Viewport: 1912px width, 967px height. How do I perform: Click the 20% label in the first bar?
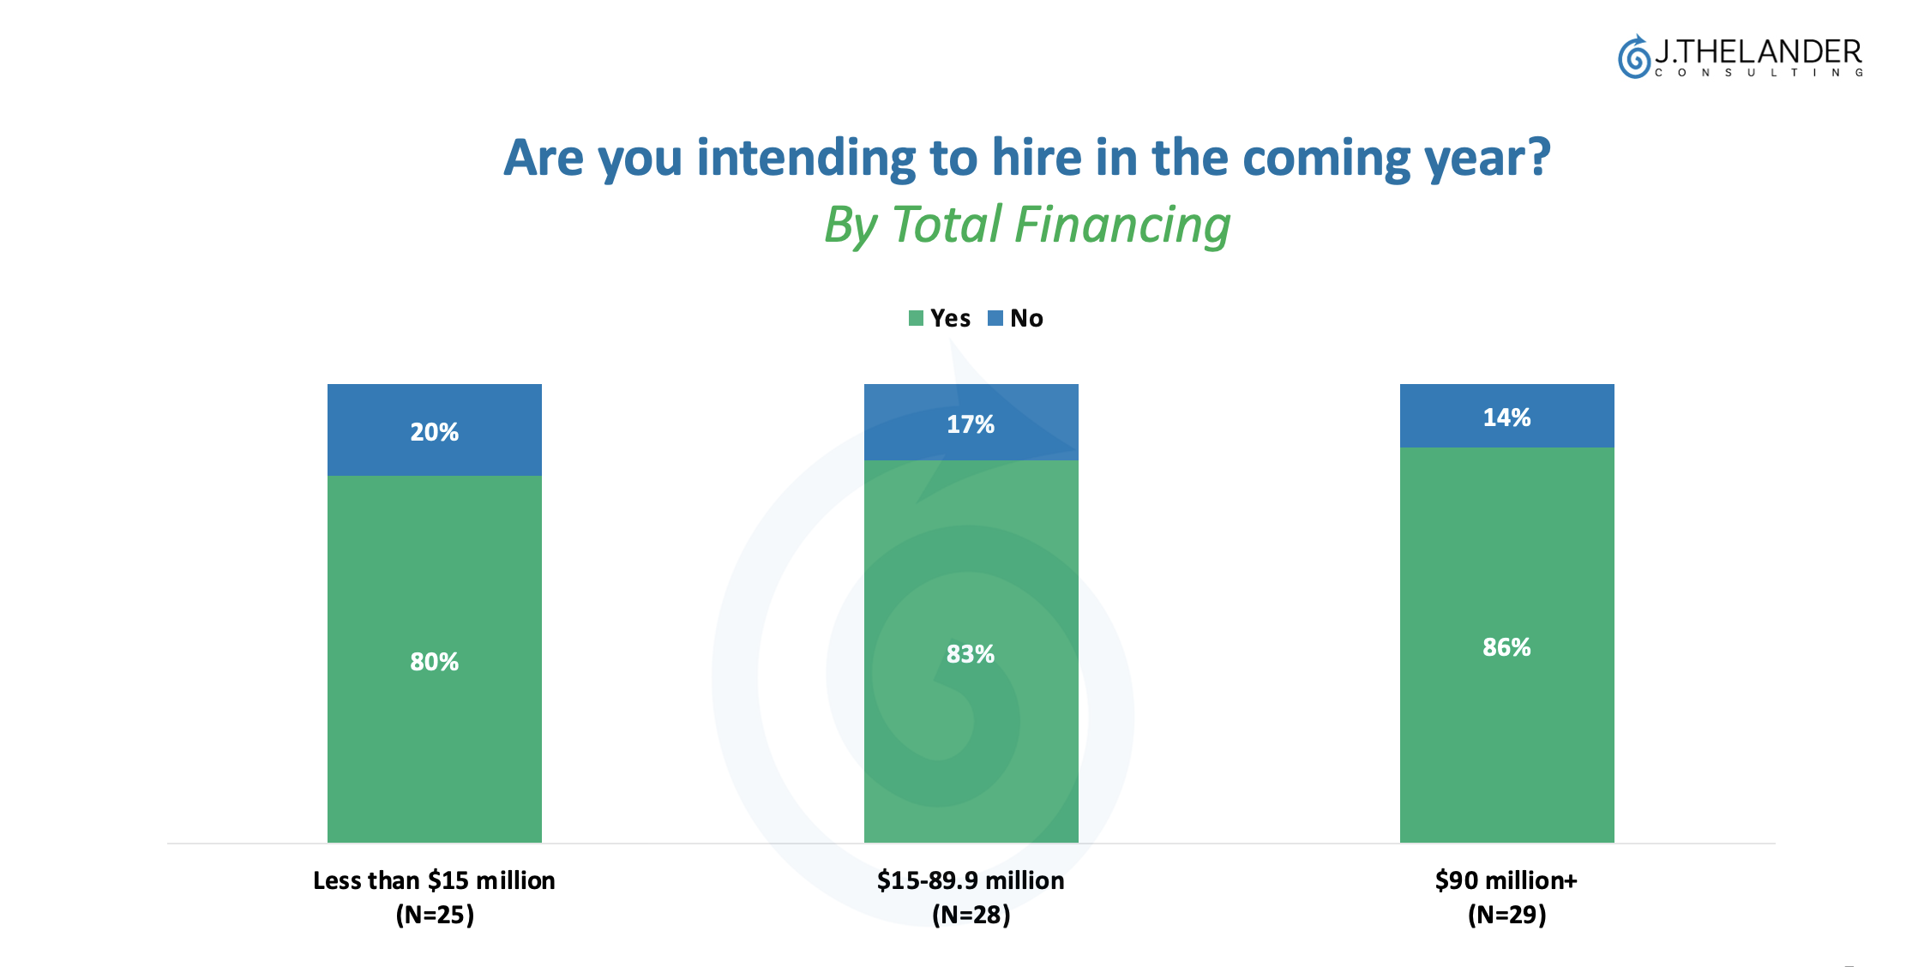(434, 432)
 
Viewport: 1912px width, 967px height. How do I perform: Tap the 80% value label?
(434, 662)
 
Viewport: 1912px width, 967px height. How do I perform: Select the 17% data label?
(971, 424)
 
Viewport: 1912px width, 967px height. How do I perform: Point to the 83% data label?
(971, 654)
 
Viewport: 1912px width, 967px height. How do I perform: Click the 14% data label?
(1506, 417)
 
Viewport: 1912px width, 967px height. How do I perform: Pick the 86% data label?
(1506, 647)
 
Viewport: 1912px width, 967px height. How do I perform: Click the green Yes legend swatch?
(916, 319)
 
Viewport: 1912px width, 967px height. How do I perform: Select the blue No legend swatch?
(995, 319)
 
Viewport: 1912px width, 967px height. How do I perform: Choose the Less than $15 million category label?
(434, 880)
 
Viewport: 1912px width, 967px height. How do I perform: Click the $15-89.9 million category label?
(971, 880)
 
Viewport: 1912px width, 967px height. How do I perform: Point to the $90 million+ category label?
(1506, 880)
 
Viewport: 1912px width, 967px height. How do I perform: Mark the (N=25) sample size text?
(435, 915)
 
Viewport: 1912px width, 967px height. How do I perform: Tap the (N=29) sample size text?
(1506, 915)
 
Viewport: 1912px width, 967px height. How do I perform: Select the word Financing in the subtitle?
(1122, 225)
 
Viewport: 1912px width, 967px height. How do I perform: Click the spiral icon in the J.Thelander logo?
(1634, 57)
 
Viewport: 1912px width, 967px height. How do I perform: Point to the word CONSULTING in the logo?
(1759, 73)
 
